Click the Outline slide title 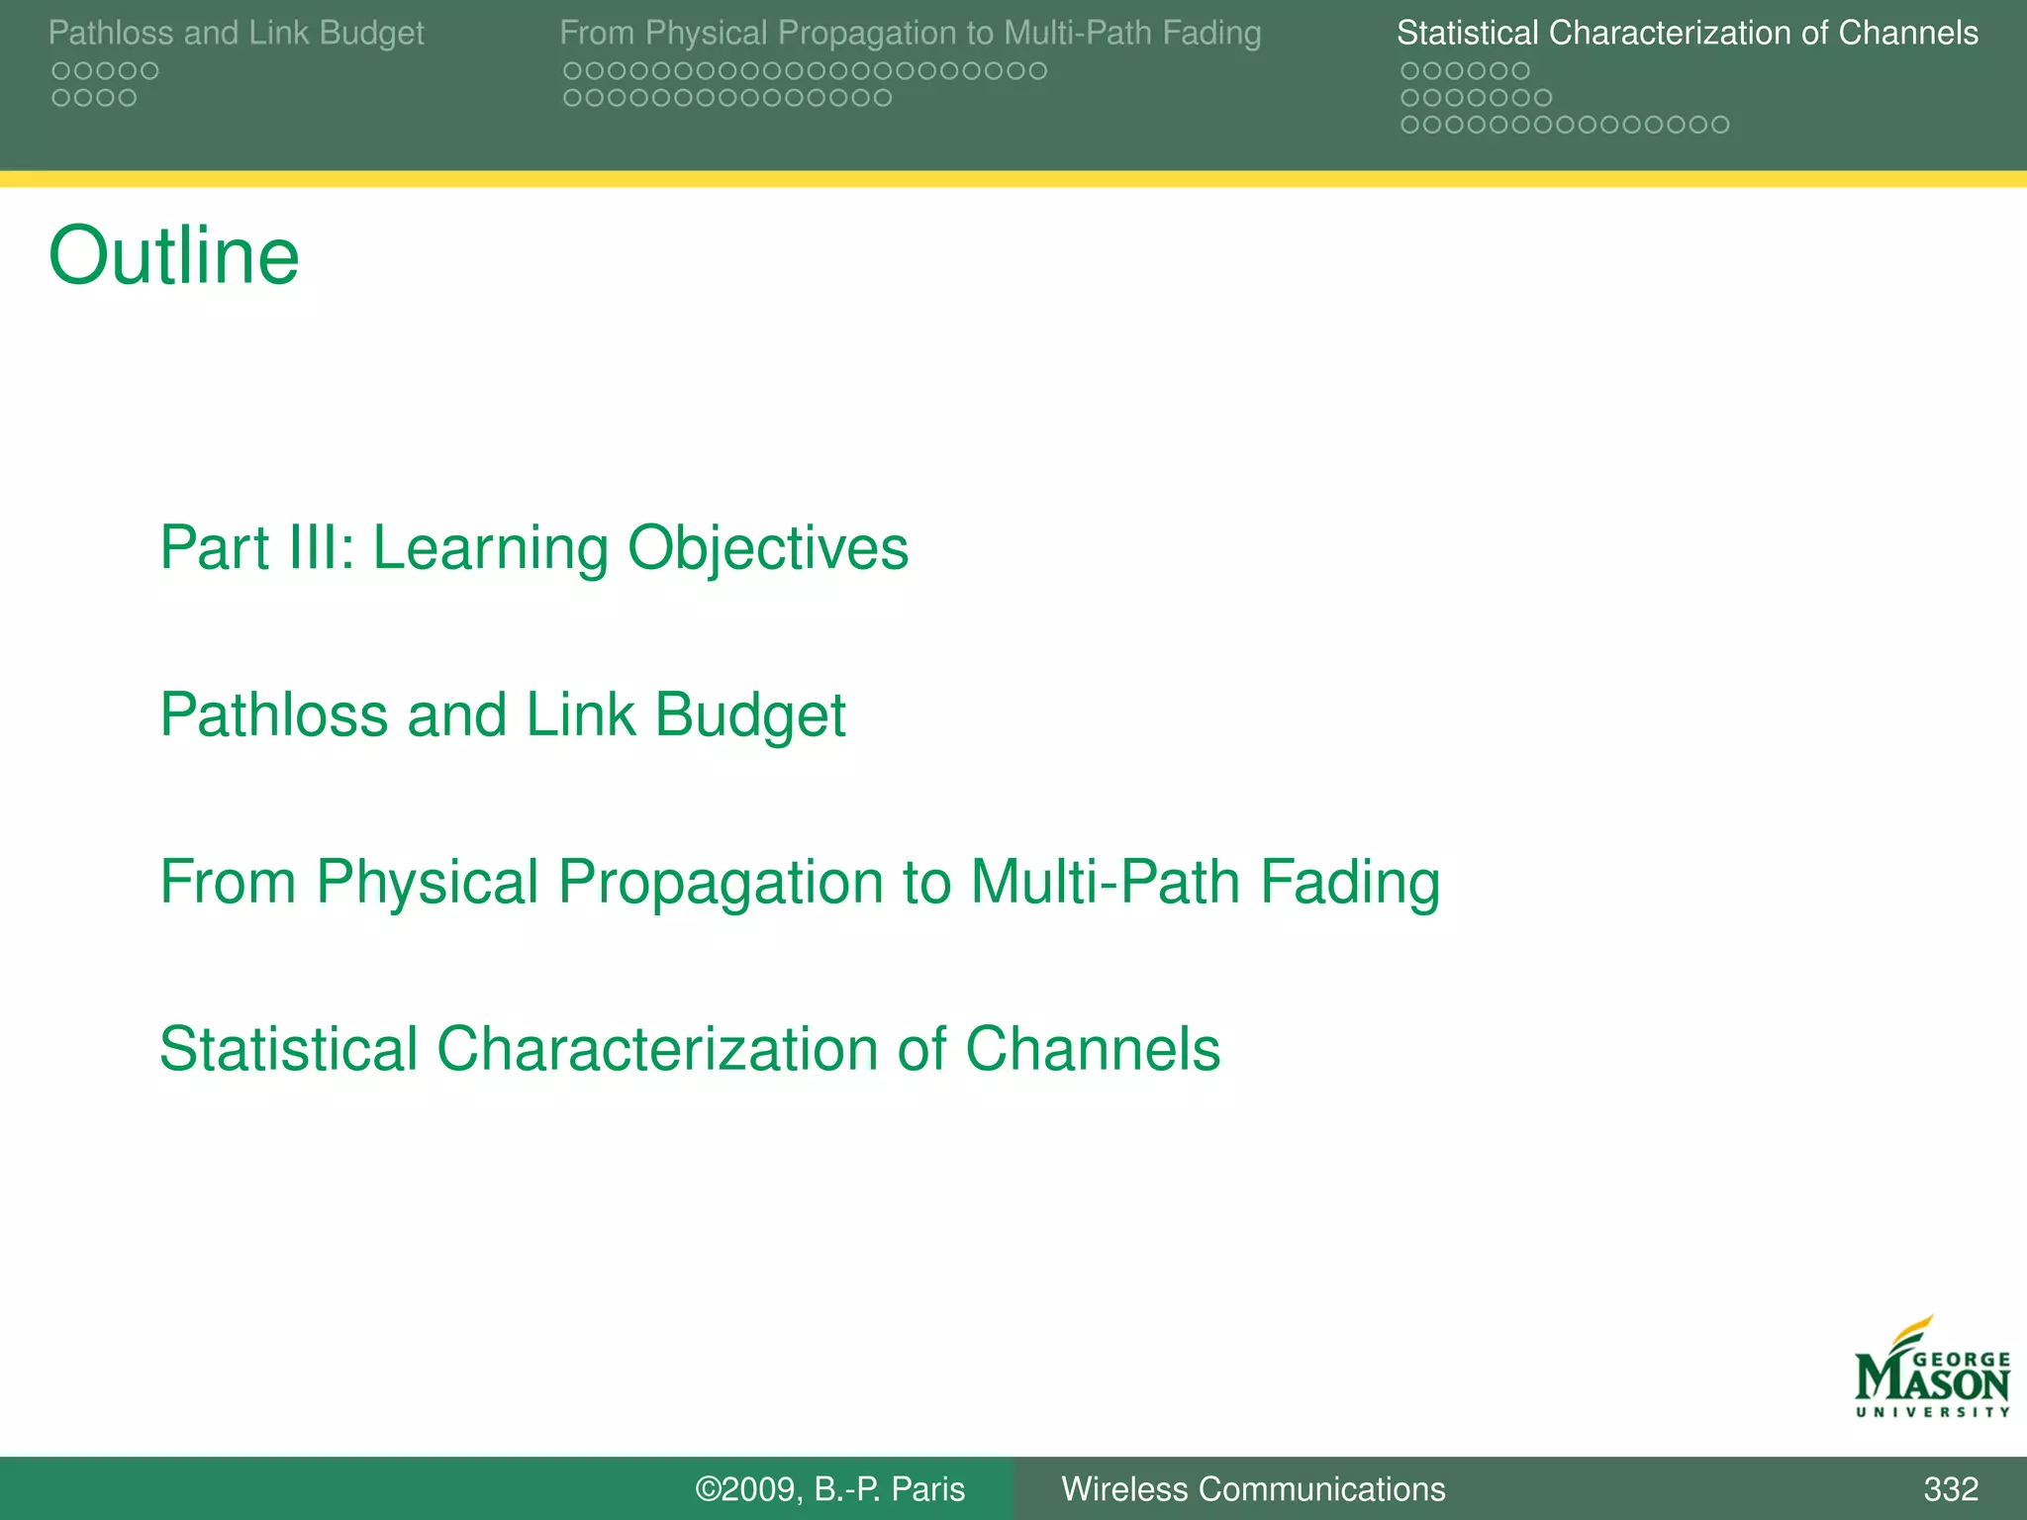[x=173, y=256]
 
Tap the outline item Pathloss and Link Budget [x=502, y=714]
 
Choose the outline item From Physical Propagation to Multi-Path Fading [x=799, y=882]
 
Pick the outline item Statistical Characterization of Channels [x=689, y=1049]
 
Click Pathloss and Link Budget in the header [x=236, y=33]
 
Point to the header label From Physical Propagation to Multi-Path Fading [x=910, y=33]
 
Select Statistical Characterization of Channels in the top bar [x=1687, y=33]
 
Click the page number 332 [x=1950, y=1488]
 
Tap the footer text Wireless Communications [x=1252, y=1488]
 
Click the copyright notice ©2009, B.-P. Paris [x=829, y=1488]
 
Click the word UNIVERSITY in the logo [x=1932, y=1412]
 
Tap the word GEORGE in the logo [x=1961, y=1360]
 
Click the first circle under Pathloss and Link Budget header [x=61, y=71]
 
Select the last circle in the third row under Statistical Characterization [x=1720, y=125]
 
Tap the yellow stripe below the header [x=1013, y=179]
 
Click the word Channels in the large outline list [x=1092, y=1049]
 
